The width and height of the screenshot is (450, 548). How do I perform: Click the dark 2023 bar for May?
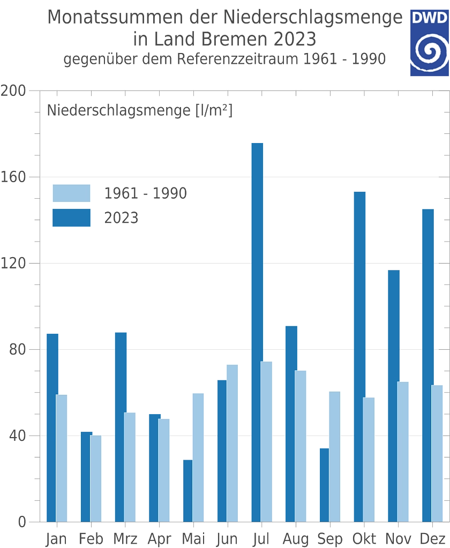click(186, 490)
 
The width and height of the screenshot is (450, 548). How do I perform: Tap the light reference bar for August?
click(301, 445)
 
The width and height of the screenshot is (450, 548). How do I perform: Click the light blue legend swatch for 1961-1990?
click(71, 194)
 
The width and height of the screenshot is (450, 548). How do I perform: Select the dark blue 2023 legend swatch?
click(71, 218)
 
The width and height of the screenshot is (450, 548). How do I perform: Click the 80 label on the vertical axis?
click(18, 350)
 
